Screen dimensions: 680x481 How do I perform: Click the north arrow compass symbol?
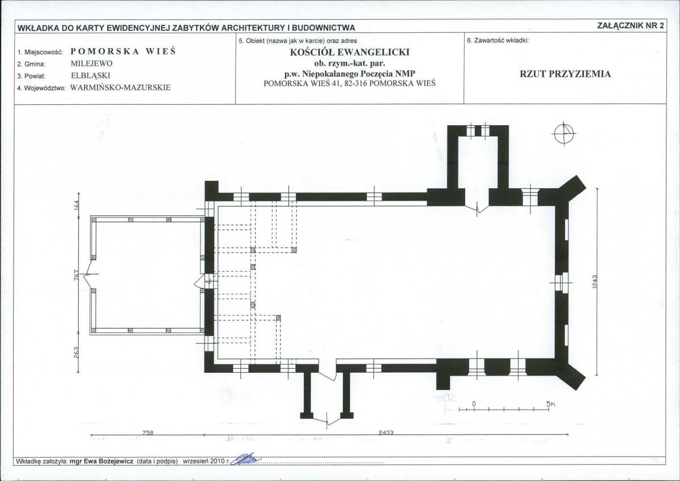(564, 134)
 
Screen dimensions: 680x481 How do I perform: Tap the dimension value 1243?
(594, 282)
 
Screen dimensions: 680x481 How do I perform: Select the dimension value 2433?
(386, 432)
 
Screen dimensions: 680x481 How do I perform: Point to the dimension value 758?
(147, 432)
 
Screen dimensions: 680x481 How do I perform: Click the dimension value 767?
(76, 275)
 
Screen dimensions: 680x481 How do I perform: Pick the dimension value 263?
(76, 352)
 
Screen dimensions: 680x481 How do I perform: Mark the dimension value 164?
(76, 205)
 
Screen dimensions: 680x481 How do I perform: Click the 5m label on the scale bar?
(550, 404)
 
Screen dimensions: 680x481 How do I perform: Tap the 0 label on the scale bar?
(474, 404)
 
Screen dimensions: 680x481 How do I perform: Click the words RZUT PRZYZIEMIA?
(566, 74)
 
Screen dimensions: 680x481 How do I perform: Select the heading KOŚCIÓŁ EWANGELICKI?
(350, 52)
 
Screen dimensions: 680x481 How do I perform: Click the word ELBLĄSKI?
(91, 76)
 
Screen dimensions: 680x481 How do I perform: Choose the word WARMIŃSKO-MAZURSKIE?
(121, 88)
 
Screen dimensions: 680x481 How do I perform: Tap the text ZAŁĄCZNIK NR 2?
(631, 26)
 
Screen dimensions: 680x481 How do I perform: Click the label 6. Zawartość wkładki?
(498, 40)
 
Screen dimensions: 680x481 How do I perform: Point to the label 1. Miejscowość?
(40, 52)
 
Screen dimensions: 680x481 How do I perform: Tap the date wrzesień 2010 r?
(206, 462)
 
